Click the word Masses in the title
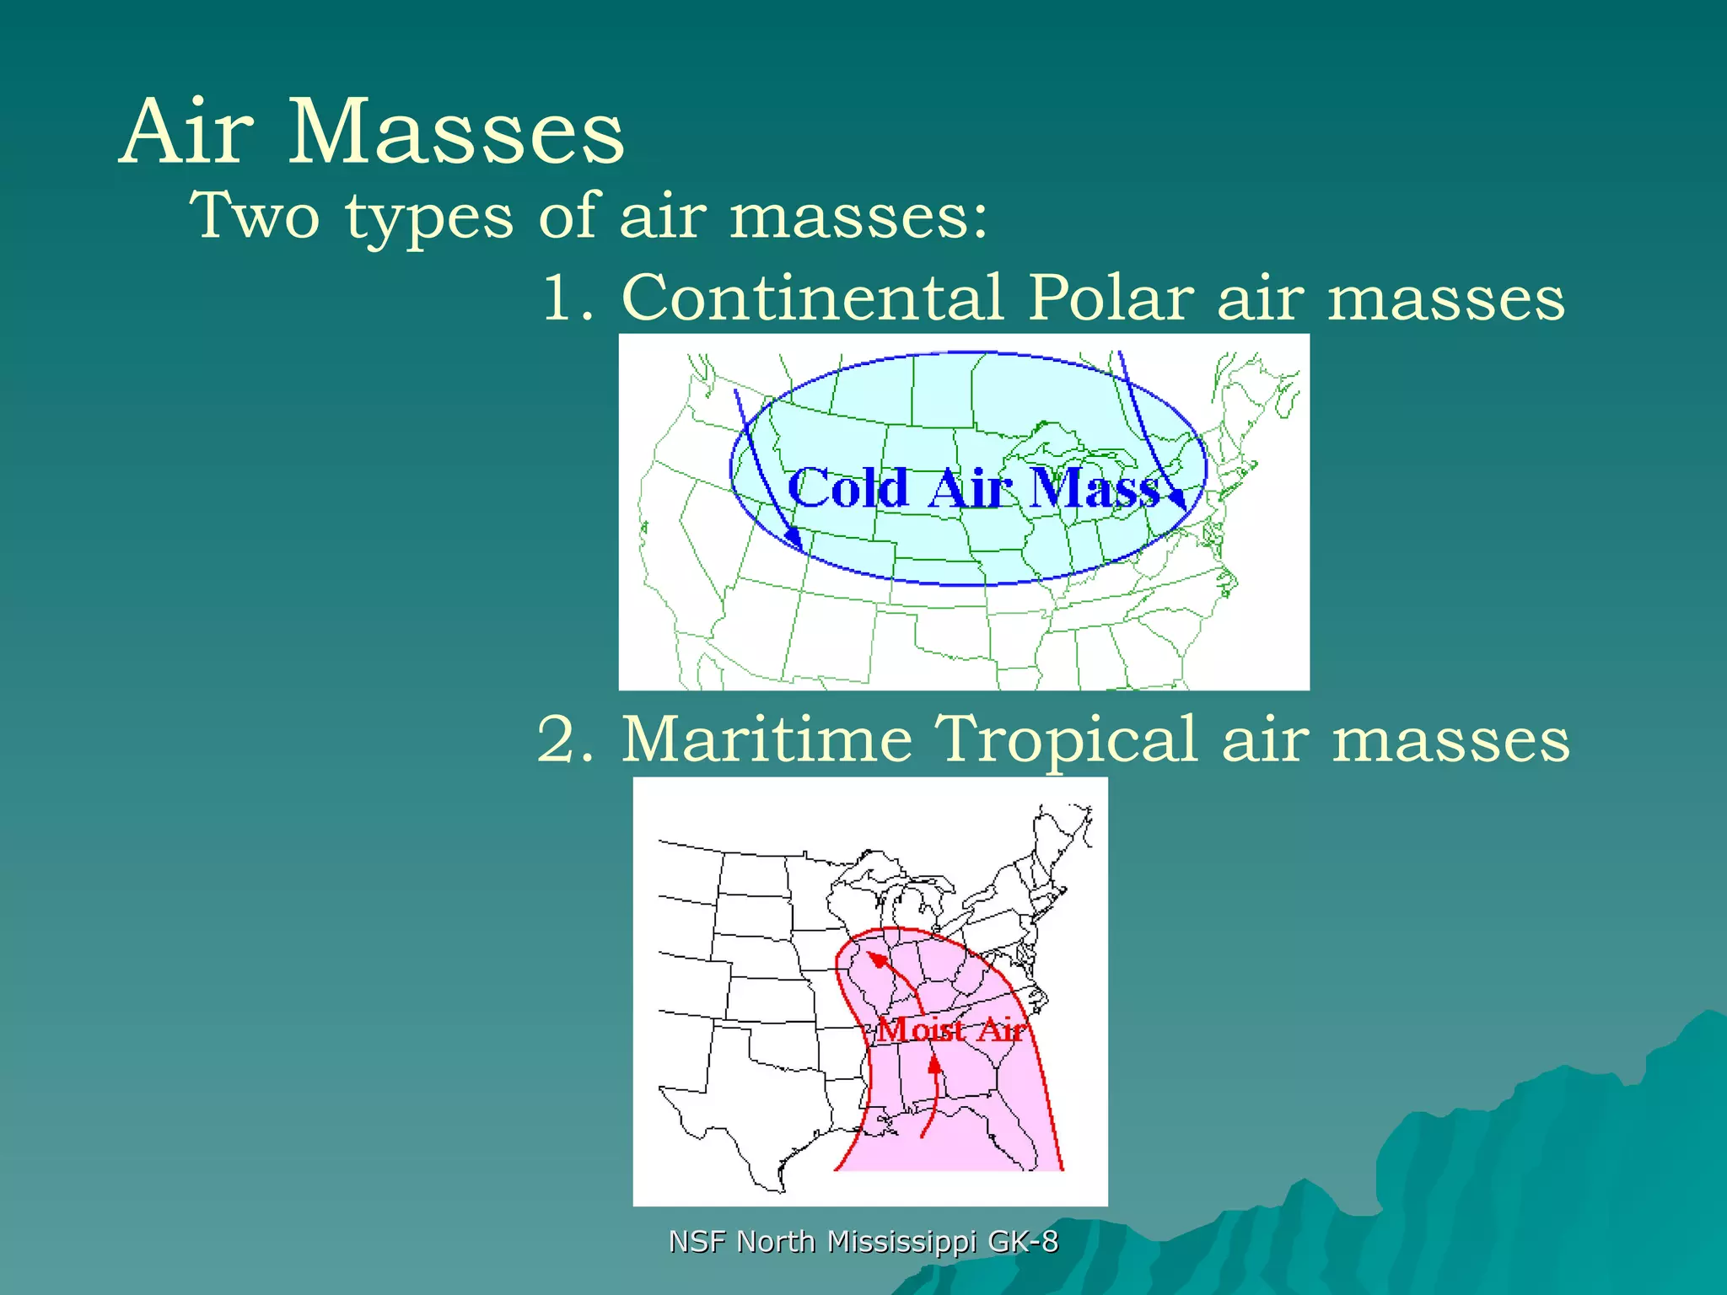(456, 132)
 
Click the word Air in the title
(186, 132)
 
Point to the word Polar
(1111, 298)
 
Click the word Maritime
(767, 739)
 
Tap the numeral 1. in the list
(566, 298)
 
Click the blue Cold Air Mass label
(974, 488)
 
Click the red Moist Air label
(951, 1029)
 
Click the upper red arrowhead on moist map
(878, 960)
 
